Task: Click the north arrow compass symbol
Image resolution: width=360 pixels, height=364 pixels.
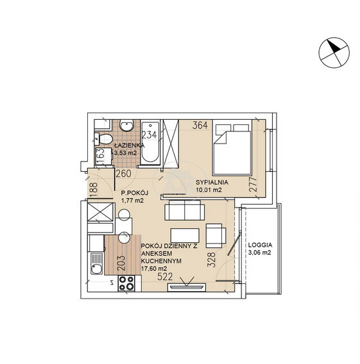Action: (x=334, y=53)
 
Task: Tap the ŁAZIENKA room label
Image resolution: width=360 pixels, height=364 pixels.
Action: (x=130, y=145)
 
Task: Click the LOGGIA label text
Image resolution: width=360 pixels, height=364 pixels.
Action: (x=260, y=245)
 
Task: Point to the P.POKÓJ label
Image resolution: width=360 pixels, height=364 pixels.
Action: (x=135, y=193)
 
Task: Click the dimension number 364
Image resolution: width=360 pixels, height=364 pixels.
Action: (x=200, y=126)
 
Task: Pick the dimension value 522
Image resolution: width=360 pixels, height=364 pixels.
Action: (x=166, y=276)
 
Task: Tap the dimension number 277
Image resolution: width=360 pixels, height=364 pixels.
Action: (x=253, y=185)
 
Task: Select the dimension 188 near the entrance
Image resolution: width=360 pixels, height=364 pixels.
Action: (x=93, y=190)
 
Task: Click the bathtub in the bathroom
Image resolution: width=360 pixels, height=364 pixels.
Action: (x=150, y=142)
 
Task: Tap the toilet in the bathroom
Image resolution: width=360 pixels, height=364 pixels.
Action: (x=103, y=139)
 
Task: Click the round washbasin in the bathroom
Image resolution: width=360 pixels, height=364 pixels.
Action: (x=127, y=126)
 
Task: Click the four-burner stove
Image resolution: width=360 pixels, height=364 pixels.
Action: (x=126, y=283)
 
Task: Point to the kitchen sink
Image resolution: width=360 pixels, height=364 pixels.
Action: (x=96, y=263)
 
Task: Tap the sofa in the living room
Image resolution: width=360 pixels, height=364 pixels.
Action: (x=185, y=210)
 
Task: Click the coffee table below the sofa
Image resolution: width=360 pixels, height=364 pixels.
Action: (x=185, y=235)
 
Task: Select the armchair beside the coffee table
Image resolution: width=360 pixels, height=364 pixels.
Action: (x=216, y=236)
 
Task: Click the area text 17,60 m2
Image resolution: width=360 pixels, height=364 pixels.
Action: (x=154, y=269)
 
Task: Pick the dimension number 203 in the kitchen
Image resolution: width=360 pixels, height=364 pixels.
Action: (x=121, y=263)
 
